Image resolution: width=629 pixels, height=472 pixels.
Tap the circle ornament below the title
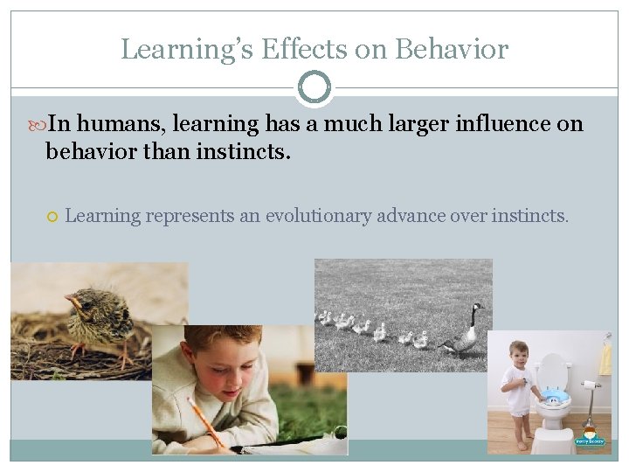click(314, 87)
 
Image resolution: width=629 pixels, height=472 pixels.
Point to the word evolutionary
click(319, 215)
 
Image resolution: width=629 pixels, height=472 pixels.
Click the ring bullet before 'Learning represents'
click(52, 216)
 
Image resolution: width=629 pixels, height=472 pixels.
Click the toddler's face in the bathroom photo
click(519, 355)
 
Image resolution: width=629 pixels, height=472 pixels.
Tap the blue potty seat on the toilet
click(553, 396)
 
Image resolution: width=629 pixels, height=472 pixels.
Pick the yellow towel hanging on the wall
click(605, 359)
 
